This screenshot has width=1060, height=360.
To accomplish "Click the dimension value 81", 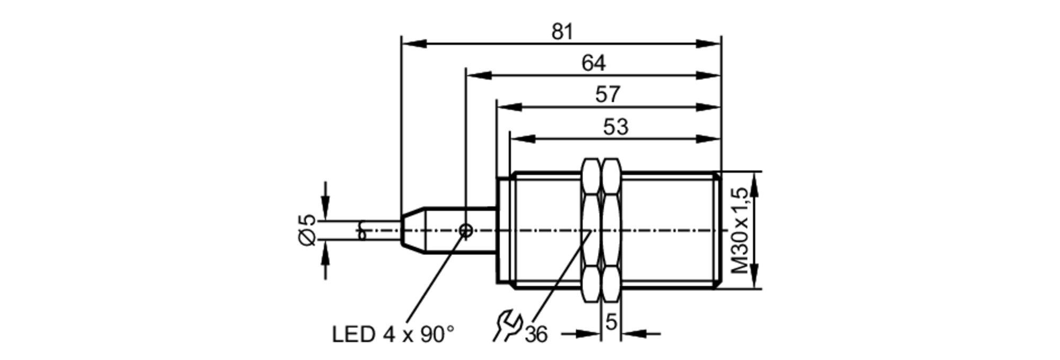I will pyautogui.click(x=562, y=32).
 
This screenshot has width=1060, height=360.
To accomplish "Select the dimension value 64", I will pyautogui.click(x=593, y=64).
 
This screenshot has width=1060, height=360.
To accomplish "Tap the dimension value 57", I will pyautogui.click(x=607, y=95).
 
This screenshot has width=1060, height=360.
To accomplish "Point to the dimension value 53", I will pyautogui.click(x=615, y=127).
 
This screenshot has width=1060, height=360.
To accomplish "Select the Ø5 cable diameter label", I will pyautogui.click(x=307, y=230).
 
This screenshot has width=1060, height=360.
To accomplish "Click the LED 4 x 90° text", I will pyautogui.click(x=393, y=335).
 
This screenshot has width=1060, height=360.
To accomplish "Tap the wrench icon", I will pyautogui.click(x=507, y=326).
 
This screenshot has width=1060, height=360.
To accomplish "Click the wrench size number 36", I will pyautogui.click(x=536, y=335).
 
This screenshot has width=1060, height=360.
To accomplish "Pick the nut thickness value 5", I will pyautogui.click(x=611, y=322).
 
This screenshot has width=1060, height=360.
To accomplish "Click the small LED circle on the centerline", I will pyautogui.click(x=466, y=231).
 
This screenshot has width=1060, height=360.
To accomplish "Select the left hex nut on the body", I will pyautogui.click(x=591, y=231).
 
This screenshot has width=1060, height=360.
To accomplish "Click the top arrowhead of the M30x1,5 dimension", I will pyautogui.click(x=755, y=183).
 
